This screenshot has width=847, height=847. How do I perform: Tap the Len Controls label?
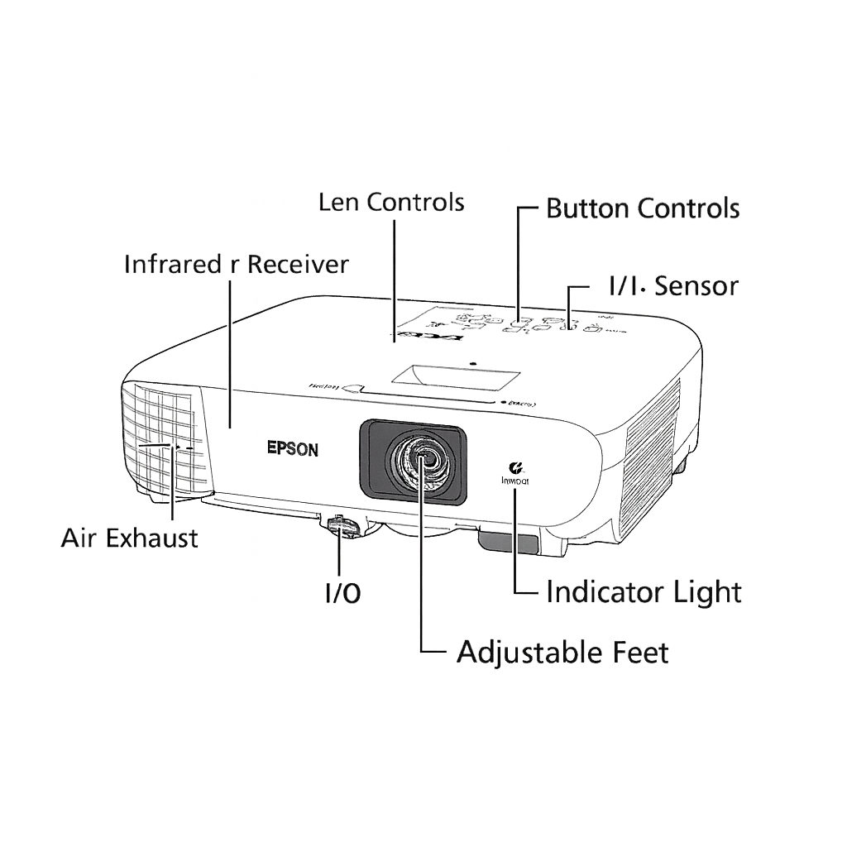pos(391,203)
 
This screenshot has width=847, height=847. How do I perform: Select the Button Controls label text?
pos(643,208)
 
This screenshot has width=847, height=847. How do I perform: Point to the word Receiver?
pos(299,265)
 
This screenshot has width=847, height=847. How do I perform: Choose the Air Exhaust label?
pos(130,538)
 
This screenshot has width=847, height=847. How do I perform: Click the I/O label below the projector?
pos(342,593)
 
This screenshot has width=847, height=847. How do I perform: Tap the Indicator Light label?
pos(644,592)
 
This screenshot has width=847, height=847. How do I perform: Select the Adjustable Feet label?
pos(562,653)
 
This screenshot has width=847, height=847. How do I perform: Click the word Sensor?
pos(696,286)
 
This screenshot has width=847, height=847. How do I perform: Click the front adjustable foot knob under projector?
pos(342,527)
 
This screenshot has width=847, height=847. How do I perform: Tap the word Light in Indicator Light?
pos(705,592)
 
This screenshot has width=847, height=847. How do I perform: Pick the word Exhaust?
pos(156,538)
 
